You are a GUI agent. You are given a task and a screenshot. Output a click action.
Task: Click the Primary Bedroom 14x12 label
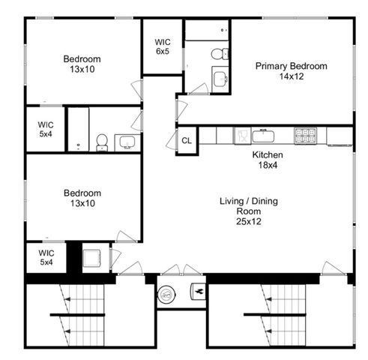(x=291, y=71)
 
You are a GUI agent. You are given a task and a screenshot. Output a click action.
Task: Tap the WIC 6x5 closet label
(x=163, y=46)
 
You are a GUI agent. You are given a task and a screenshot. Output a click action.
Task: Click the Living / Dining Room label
(x=244, y=211)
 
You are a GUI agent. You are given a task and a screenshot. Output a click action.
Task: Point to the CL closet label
(x=186, y=141)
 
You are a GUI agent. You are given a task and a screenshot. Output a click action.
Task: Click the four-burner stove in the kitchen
(x=304, y=136)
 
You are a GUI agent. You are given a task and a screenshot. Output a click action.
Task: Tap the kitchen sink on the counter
(x=263, y=136)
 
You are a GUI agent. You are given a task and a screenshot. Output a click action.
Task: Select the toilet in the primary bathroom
(x=218, y=53)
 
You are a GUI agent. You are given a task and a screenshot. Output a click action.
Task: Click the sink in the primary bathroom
(x=220, y=79)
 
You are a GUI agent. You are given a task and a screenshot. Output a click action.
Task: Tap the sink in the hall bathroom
(x=126, y=142)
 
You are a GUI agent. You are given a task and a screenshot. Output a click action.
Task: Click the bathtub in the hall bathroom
(x=78, y=129)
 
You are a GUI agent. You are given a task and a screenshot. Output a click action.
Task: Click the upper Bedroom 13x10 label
(x=82, y=64)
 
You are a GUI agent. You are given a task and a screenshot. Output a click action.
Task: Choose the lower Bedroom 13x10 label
(x=82, y=198)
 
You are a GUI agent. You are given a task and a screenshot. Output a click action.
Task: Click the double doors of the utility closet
(x=181, y=270)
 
